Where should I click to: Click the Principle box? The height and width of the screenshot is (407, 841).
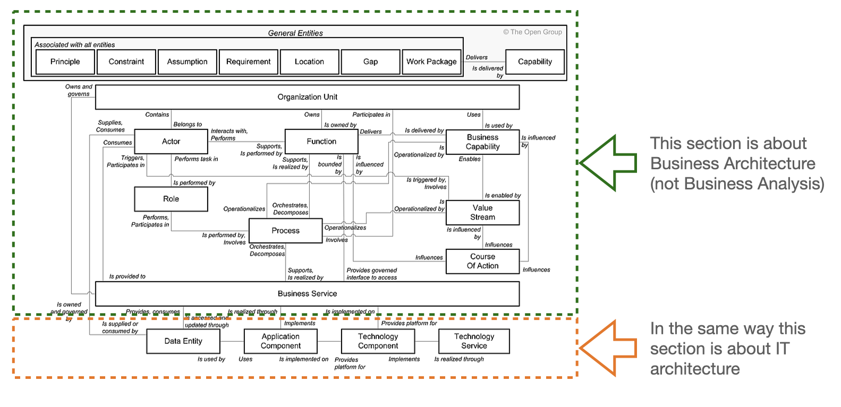click(65, 62)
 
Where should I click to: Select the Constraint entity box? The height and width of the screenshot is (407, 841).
click(126, 62)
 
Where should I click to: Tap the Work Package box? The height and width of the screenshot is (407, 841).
click(431, 62)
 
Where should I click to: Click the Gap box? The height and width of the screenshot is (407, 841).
click(370, 62)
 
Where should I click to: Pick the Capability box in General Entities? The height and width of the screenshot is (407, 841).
click(535, 62)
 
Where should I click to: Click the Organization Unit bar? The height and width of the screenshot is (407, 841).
click(307, 97)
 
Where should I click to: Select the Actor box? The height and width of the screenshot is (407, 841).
click(171, 142)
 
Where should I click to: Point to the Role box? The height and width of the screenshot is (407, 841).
click(171, 199)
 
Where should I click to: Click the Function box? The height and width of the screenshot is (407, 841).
click(321, 142)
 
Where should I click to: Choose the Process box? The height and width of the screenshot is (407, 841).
click(286, 231)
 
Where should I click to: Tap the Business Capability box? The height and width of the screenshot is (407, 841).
click(482, 142)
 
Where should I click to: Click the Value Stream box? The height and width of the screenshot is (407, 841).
click(482, 213)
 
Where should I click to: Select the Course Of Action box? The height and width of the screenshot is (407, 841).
click(482, 262)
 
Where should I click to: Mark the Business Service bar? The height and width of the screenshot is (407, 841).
click(307, 294)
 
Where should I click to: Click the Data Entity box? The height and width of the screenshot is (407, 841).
click(183, 341)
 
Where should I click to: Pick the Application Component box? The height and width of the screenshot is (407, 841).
click(281, 341)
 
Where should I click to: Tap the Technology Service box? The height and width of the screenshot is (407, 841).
click(474, 341)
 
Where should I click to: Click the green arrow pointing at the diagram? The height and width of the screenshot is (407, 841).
click(608, 163)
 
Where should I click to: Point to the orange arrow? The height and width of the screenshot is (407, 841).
click(608, 349)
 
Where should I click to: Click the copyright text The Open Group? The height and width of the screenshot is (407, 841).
click(532, 32)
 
